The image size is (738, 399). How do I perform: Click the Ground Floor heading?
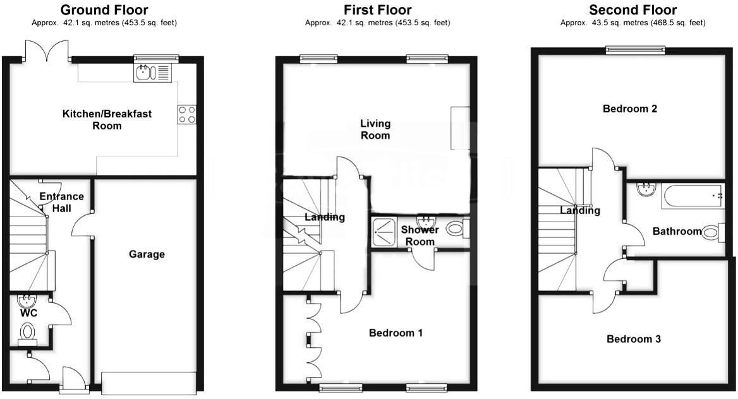[x=104, y=9]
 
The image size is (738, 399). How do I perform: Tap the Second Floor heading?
[x=632, y=9]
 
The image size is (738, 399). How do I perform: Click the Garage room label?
[x=147, y=254]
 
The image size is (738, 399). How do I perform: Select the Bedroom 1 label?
[x=396, y=333]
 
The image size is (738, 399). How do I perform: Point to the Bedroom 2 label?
[x=630, y=109]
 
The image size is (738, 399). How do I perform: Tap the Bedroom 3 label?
[x=634, y=339]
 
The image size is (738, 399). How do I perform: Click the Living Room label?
[x=375, y=129]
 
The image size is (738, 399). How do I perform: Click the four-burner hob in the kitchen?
[x=187, y=114]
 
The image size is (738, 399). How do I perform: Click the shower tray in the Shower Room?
[x=384, y=232]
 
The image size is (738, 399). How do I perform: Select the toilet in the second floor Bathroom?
[x=713, y=232]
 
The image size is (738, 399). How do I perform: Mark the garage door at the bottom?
[x=148, y=383]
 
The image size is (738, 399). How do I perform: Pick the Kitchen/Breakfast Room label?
[x=107, y=119]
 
